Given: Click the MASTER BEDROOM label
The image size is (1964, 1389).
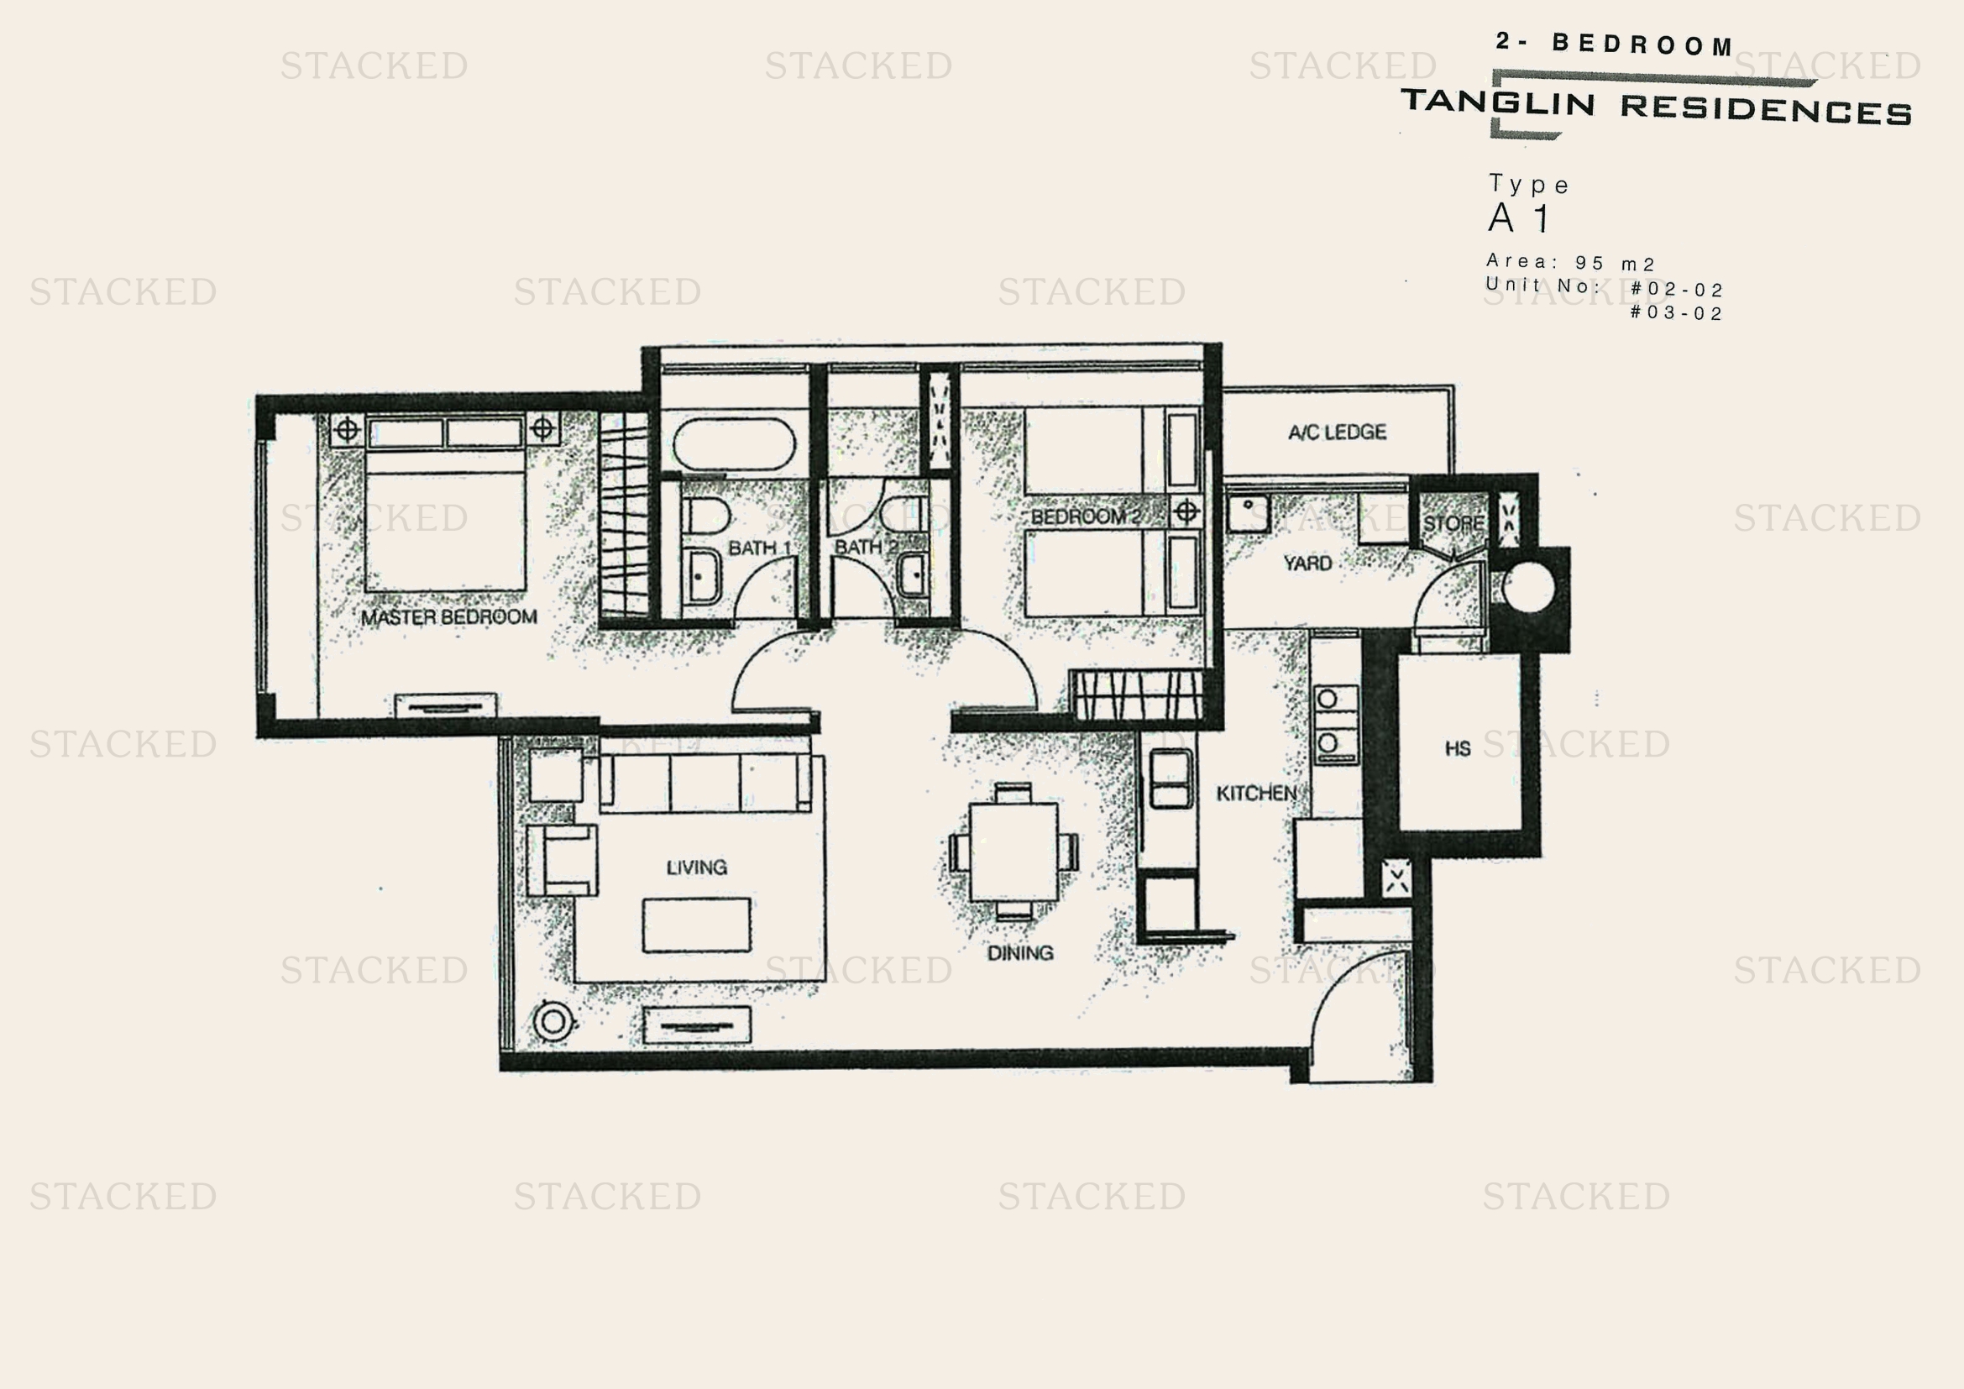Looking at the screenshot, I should [448, 616].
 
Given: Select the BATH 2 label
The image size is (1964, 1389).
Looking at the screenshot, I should [865, 547].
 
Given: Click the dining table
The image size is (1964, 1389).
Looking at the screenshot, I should [1013, 851].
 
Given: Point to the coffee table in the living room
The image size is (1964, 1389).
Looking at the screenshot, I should [696, 925].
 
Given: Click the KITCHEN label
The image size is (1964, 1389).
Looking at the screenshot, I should [1255, 793].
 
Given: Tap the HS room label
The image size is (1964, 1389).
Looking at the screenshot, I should [1458, 748].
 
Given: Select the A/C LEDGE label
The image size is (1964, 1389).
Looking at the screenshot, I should [1337, 432].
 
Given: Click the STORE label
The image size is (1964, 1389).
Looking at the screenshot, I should [1453, 522].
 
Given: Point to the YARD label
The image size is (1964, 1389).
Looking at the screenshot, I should [1307, 563].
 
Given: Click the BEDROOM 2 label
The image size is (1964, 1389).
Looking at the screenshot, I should [1086, 516].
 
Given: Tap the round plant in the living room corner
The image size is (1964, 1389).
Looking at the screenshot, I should [553, 1021].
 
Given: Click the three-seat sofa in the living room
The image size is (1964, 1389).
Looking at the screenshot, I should [704, 782].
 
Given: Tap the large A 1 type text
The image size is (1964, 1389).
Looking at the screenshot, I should [1519, 218].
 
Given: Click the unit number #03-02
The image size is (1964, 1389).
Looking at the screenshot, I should [1676, 313].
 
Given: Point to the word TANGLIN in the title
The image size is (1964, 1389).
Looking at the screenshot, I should [1498, 102].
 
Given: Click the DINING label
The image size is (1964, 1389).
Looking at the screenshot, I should [1019, 953].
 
